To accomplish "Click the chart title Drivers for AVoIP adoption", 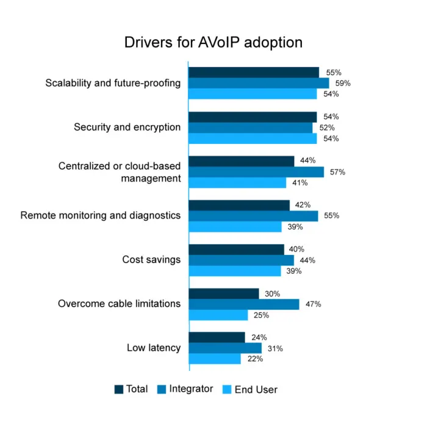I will click(x=213, y=43).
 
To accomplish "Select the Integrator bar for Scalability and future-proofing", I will click(x=259, y=83).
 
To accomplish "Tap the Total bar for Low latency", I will click(x=217, y=337).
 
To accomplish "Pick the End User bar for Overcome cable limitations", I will click(x=218, y=315).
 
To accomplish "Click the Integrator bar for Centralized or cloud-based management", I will click(x=256, y=172).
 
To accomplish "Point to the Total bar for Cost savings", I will click(x=237, y=249).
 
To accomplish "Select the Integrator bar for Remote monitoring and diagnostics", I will click(x=253, y=216).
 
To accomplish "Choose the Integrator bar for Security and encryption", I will click(x=251, y=127).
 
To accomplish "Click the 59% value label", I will click(x=343, y=84).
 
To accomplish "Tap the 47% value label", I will click(x=313, y=304).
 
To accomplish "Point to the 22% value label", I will click(x=255, y=359).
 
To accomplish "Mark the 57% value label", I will click(x=337, y=172).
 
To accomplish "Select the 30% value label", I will click(x=272, y=293).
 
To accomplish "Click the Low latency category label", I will click(x=154, y=348).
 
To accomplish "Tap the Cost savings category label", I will click(x=151, y=259).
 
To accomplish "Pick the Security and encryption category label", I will click(x=127, y=127).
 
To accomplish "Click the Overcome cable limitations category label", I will click(x=119, y=303).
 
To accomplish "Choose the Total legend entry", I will click(x=131, y=389).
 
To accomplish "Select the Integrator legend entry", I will click(x=185, y=389).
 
